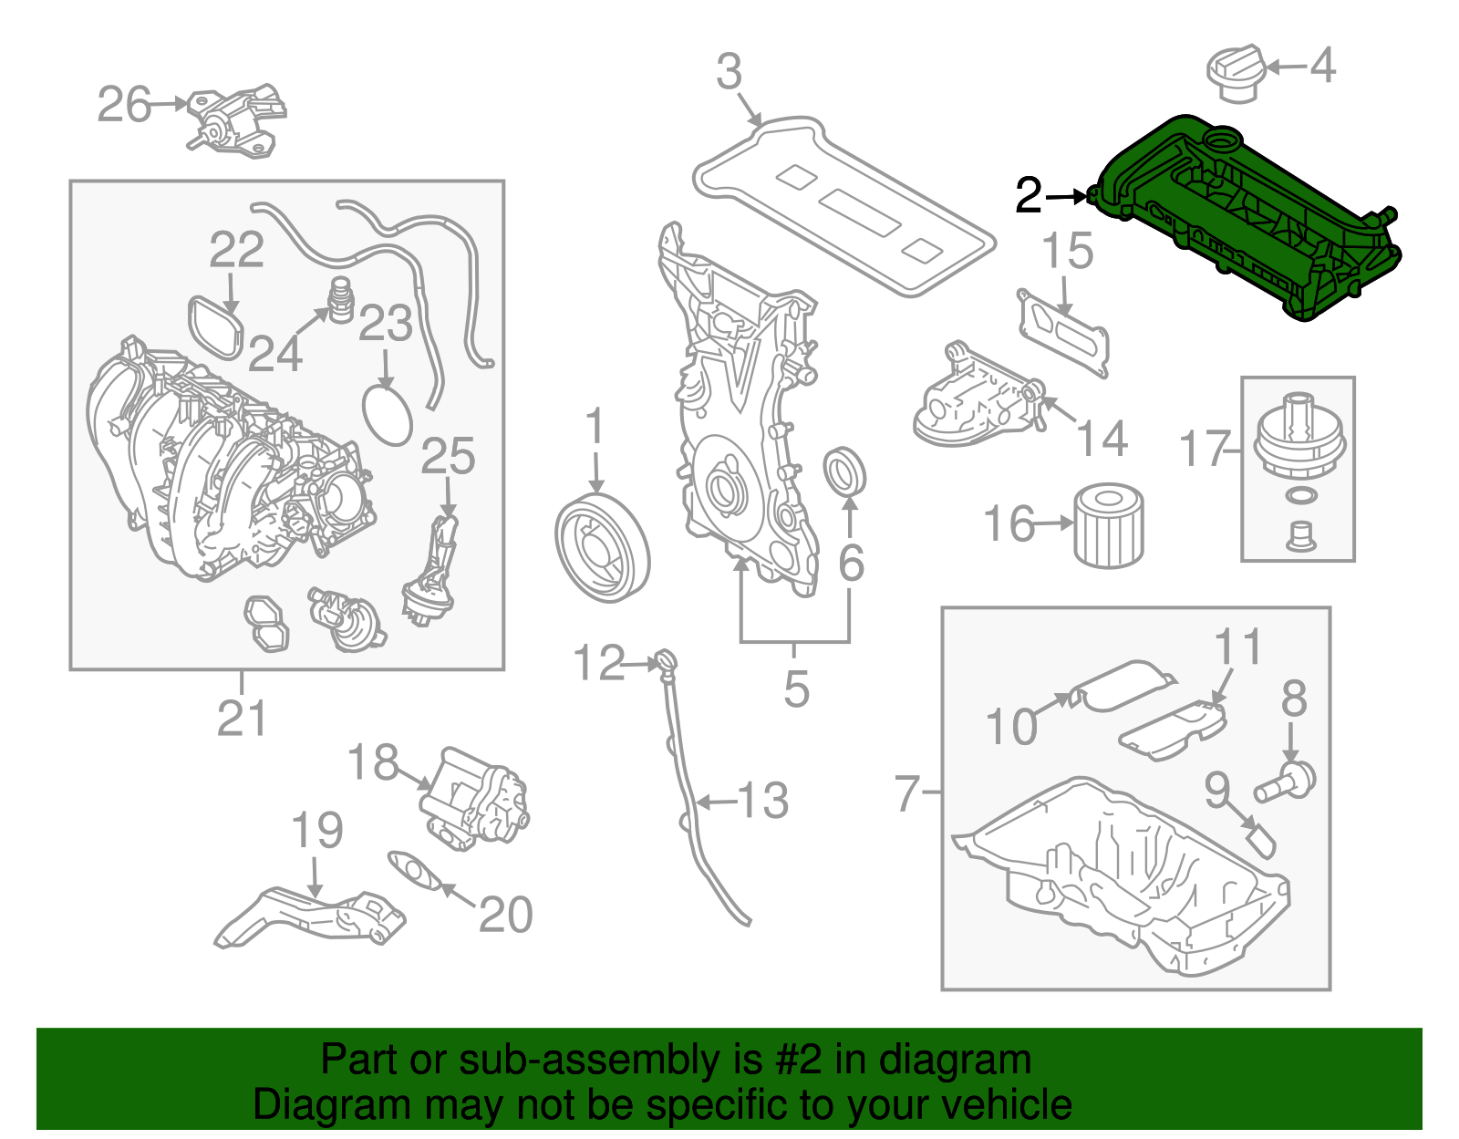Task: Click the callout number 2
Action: point(1029,195)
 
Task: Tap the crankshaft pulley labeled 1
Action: point(601,547)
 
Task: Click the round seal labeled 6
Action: point(844,471)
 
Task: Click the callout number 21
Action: point(242,719)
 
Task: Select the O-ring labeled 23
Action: point(388,416)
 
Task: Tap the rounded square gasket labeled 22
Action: point(217,326)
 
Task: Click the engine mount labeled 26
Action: point(235,120)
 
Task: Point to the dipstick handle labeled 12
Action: point(666,660)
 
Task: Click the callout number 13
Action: point(762,801)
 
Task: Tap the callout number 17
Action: point(1205,449)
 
